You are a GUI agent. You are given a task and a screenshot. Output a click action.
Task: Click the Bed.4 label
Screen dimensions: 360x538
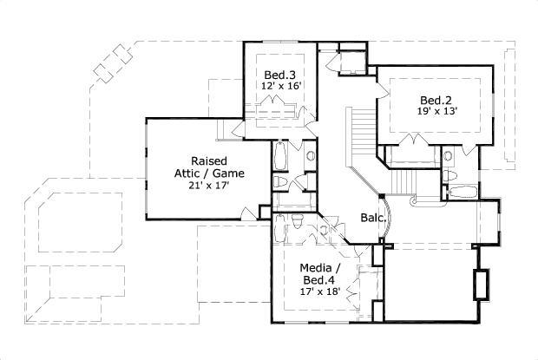(318, 279)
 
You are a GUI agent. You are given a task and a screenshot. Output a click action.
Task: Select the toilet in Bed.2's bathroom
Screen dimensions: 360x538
(450, 174)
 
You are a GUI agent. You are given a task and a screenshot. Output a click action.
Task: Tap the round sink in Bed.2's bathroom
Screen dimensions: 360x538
(448, 157)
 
